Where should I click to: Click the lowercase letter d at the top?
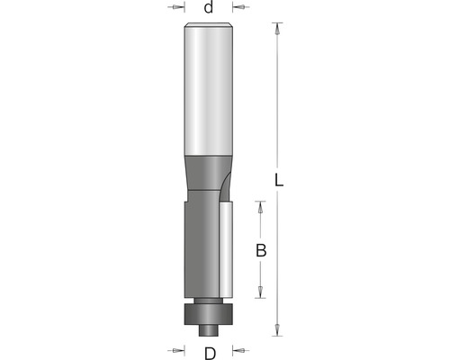[209, 7]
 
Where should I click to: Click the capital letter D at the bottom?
[210, 353]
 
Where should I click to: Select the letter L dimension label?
[279, 180]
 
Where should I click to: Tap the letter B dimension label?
[261, 250]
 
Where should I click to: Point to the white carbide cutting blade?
[226, 249]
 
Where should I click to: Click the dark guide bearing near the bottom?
[209, 314]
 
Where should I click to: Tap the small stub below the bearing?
[209, 330]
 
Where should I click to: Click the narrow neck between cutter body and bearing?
[209, 301]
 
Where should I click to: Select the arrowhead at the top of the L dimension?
[277, 28]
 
